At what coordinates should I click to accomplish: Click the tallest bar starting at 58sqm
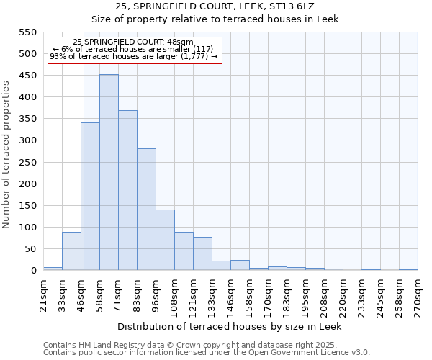[x=109, y=173]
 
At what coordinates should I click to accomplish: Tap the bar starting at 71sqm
[x=127, y=191]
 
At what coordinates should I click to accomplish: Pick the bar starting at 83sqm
[x=146, y=210]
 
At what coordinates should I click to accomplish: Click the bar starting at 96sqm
[x=165, y=240]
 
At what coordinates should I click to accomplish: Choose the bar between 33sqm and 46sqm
[x=71, y=251]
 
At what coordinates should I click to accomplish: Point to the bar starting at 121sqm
[x=202, y=253]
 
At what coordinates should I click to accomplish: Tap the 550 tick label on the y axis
[x=27, y=32]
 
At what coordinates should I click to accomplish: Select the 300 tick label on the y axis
[x=27, y=140]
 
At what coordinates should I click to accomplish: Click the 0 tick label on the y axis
[x=33, y=271]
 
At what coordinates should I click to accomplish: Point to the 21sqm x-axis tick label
[x=43, y=294]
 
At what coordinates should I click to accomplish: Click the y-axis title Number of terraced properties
[x=6, y=155]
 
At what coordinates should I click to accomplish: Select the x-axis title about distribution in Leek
[x=229, y=326]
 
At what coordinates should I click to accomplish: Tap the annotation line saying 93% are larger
[x=134, y=56]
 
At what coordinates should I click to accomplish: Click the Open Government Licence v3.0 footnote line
[x=207, y=352]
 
